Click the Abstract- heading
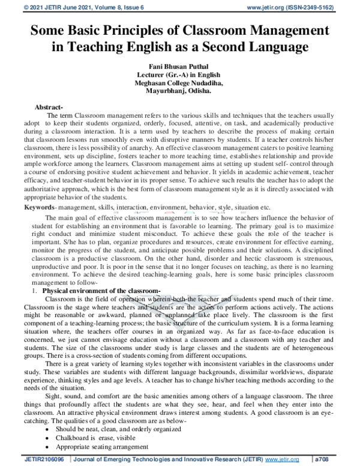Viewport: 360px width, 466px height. pos(49,106)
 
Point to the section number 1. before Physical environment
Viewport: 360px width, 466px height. pos(35,291)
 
